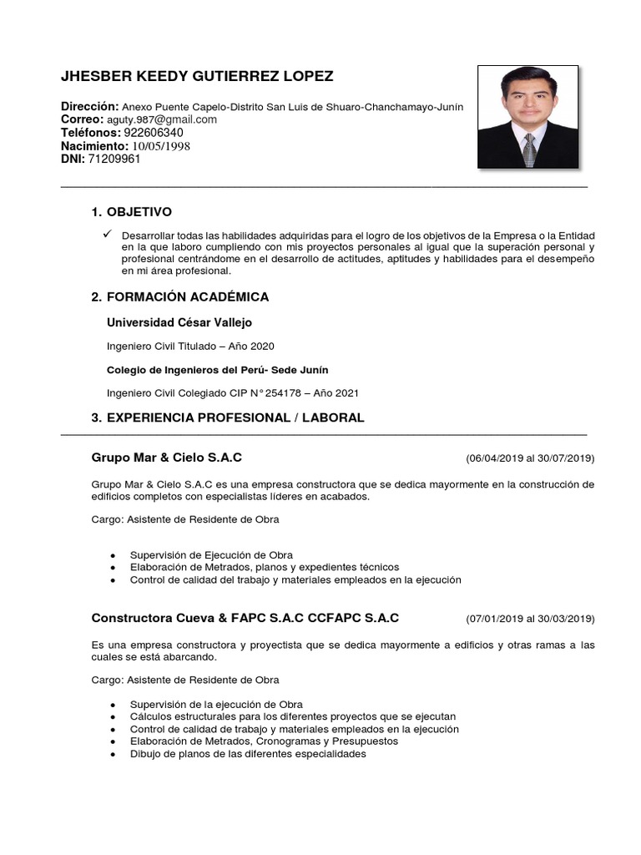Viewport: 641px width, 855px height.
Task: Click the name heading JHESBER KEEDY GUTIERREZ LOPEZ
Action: point(197,77)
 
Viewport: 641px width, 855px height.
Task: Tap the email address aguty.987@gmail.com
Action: point(161,119)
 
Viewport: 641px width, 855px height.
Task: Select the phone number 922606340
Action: point(154,133)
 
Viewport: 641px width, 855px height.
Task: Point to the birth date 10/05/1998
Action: point(162,146)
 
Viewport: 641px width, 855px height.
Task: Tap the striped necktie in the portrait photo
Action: point(528,149)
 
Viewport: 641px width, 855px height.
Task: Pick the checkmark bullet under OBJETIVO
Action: point(109,234)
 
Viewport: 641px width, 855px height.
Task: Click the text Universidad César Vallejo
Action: point(179,322)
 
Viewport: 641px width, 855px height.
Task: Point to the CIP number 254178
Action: point(305,392)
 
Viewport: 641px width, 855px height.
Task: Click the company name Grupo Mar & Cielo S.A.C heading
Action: point(167,458)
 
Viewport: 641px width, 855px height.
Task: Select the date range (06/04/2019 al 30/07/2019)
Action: point(530,458)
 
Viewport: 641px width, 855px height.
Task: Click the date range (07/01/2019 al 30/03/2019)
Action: point(530,619)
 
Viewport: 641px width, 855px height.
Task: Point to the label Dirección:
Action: point(90,107)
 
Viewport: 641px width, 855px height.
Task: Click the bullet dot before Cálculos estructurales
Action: point(113,717)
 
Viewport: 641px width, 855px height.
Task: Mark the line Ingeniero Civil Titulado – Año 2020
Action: point(190,346)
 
